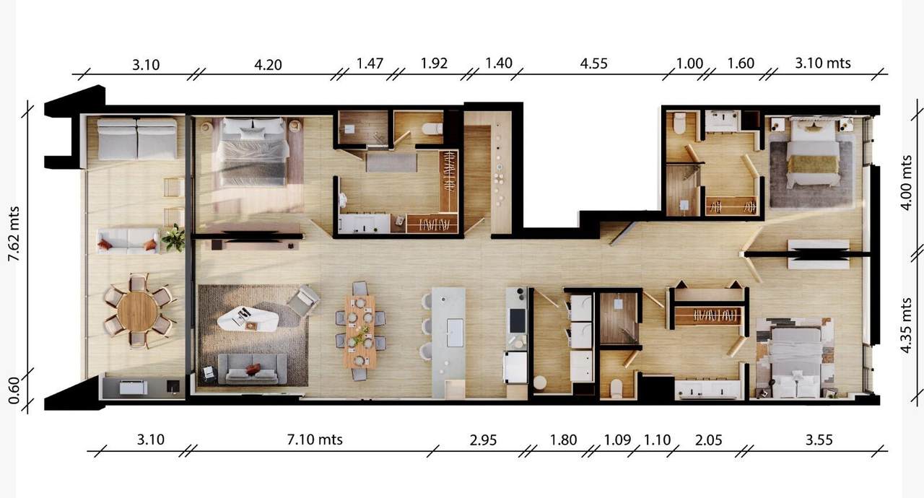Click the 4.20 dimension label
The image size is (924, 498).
tap(268, 65)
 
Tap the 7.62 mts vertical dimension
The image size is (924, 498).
tap(14, 234)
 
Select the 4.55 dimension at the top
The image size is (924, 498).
tap(593, 64)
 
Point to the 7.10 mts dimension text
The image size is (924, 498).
tap(315, 440)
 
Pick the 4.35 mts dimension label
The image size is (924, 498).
tap(905, 326)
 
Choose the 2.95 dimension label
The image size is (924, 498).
tap(483, 440)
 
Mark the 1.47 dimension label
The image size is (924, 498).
tap(370, 64)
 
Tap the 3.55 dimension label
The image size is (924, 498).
tap(819, 440)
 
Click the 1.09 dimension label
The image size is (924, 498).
tap(617, 440)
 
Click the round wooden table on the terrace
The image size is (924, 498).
tap(137, 311)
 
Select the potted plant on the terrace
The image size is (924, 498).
tap(174, 238)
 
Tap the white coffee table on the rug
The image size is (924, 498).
tap(248, 319)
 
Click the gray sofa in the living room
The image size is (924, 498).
tap(252, 369)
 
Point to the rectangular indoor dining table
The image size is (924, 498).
tap(360, 331)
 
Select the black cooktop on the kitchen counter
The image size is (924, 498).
tap(518, 320)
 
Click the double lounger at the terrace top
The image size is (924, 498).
tap(137, 139)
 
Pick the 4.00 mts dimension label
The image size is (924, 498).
tap(905, 183)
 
